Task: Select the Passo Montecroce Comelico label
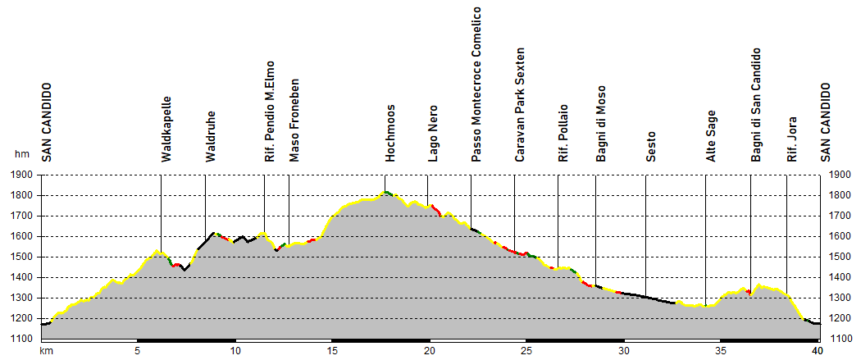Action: coord(476,85)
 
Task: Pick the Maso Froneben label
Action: coord(294,119)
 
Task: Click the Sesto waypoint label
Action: coord(650,146)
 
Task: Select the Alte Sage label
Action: coord(711,136)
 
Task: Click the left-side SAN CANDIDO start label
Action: coord(46,121)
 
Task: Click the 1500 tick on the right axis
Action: coord(839,257)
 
